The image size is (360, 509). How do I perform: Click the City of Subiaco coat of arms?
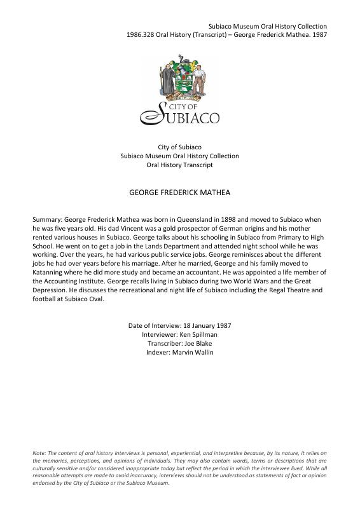[x=179, y=78]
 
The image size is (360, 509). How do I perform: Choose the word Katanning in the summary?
[x=50, y=271]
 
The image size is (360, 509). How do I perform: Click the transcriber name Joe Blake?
[x=196, y=344]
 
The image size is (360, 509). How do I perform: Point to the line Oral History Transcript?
[x=179, y=165]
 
